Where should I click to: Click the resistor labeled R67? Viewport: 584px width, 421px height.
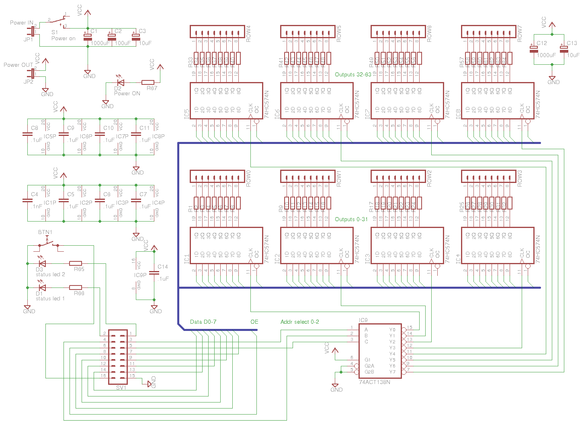click(x=148, y=82)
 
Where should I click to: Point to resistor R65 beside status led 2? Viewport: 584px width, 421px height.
click(x=76, y=263)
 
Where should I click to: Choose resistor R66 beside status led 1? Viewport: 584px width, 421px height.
click(x=76, y=288)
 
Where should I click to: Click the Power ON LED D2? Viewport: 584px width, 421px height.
click(x=120, y=82)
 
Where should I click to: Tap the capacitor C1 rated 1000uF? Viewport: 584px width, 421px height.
click(x=88, y=37)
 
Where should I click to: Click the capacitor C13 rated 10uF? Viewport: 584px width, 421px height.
click(x=564, y=49)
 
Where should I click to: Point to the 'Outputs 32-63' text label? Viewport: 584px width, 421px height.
click(x=353, y=74)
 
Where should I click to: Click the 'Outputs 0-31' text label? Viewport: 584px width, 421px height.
click(x=351, y=219)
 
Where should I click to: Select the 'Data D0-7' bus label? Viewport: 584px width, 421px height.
click(x=203, y=322)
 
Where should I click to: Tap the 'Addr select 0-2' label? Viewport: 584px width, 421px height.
click(x=300, y=322)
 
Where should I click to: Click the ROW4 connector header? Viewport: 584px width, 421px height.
click(x=217, y=32)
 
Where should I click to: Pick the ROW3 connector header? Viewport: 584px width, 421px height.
click(x=488, y=177)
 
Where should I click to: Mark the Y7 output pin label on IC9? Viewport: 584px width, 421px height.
click(x=392, y=372)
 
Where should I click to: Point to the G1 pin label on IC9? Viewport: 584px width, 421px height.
click(x=367, y=360)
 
